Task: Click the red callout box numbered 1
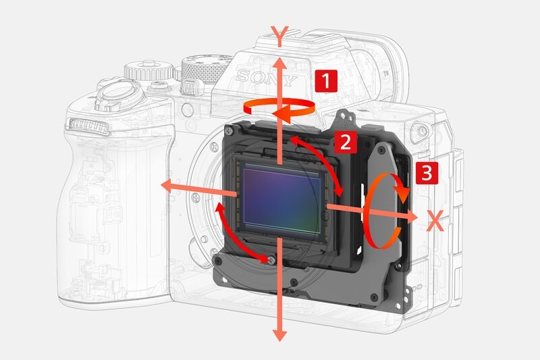326,81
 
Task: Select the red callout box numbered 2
346,142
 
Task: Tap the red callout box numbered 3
427,173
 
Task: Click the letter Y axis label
279,36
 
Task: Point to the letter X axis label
435,220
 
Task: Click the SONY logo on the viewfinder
266,78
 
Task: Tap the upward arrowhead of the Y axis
280,66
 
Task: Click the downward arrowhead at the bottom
280,335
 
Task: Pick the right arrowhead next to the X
410,216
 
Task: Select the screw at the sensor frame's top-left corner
230,130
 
